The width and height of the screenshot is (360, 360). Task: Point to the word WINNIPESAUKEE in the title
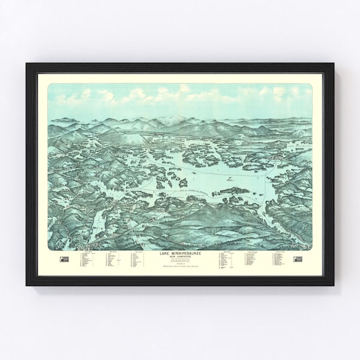(x=184, y=236)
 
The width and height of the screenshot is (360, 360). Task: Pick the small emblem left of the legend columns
(x=63, y=242)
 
